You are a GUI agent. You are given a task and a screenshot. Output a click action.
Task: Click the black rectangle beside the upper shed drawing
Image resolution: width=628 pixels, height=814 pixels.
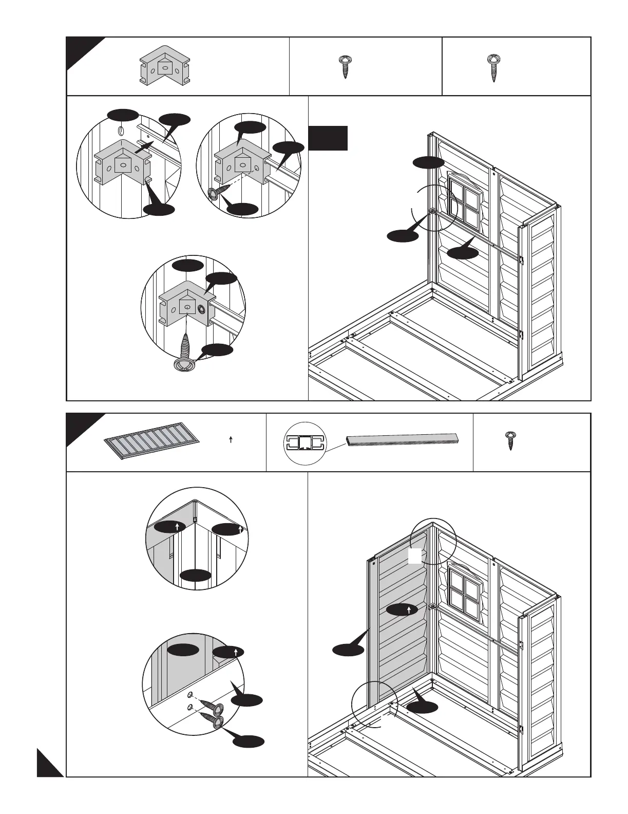328,138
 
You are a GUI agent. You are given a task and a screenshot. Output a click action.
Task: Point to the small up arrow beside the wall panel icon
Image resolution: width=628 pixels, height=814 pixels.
231,440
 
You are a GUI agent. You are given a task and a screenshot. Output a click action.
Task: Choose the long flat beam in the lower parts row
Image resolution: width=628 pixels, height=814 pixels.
403,440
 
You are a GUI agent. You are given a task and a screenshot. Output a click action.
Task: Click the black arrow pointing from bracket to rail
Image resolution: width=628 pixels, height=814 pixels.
144,148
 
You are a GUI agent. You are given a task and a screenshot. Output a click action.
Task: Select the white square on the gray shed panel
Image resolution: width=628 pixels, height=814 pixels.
415,556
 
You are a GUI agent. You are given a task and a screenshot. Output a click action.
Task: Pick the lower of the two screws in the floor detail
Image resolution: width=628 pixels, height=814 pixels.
215,721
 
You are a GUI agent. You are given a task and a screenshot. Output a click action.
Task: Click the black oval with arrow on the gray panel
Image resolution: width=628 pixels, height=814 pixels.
402,610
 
